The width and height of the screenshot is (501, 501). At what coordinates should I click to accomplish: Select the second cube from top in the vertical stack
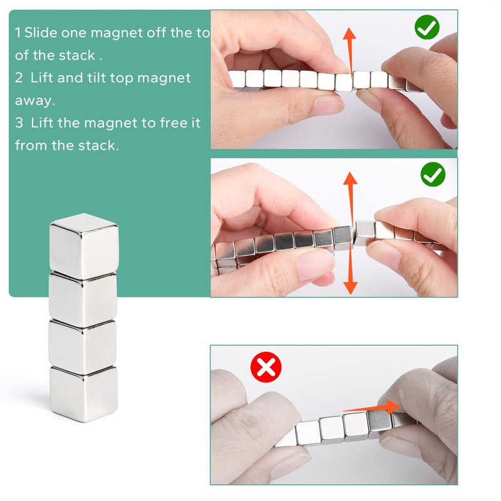(83, 297)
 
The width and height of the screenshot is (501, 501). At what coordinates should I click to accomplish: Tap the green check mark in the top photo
(427, 27)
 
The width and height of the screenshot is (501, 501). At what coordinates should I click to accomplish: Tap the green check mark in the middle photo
(433, 174)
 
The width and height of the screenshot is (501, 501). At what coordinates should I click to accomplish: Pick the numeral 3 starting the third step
(19, 123)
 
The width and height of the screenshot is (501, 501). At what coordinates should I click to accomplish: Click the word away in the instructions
(32, 100)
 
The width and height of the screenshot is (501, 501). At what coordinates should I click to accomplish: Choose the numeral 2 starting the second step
(19, 78)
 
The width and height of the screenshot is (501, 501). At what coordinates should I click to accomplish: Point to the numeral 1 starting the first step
(18, 33)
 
